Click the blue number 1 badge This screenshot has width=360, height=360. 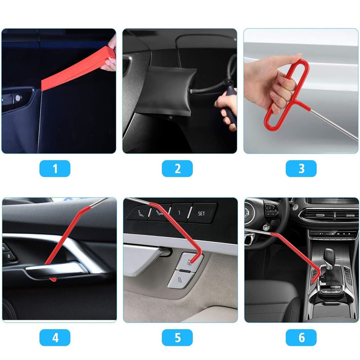55,168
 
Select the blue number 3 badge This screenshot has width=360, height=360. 301,168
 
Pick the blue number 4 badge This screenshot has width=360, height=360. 55,337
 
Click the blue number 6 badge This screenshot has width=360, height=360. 301,337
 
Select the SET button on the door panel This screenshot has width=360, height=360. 201,213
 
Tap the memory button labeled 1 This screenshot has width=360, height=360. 179,212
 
